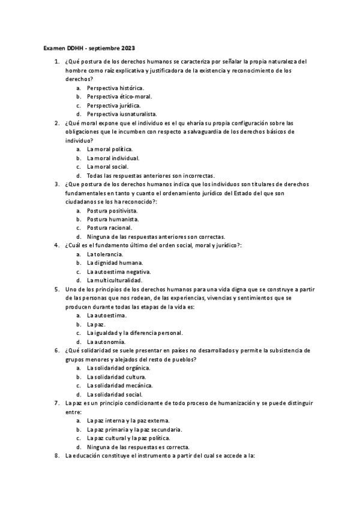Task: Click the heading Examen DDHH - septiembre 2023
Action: pyautogui.click(x=93, y=47)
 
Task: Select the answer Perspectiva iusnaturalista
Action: pyautogui.click(x=121, y=113)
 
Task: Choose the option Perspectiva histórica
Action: pyautogui.click(x=115, y=87)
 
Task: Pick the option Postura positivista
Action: pyautogui.click(x=112, y=211)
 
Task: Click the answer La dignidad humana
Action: pyautogui.click(x=115, y=263)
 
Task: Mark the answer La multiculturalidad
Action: pyautogui.click(x=115, y=280)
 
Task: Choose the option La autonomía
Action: pyautogui.click(x=106, y=342)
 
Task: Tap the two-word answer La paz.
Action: pyautogui.click(x=96, y=324)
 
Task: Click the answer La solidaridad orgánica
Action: pyautogui.click(x=118, y=368)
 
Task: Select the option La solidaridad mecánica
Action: pyautogui.click(x=119, y=385)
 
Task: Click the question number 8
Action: pyautogui.click(x=56, y=456)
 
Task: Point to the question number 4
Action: pyautogui.click(x=56, y=245)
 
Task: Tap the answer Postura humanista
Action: pyautogui.click(x=112, y=219)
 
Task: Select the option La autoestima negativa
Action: pyautogui.click(x=117, y=272)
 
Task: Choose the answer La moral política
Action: pyautogui.click(x=110, y=149)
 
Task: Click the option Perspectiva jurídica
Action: pyautogui.click(x=114, y=104)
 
